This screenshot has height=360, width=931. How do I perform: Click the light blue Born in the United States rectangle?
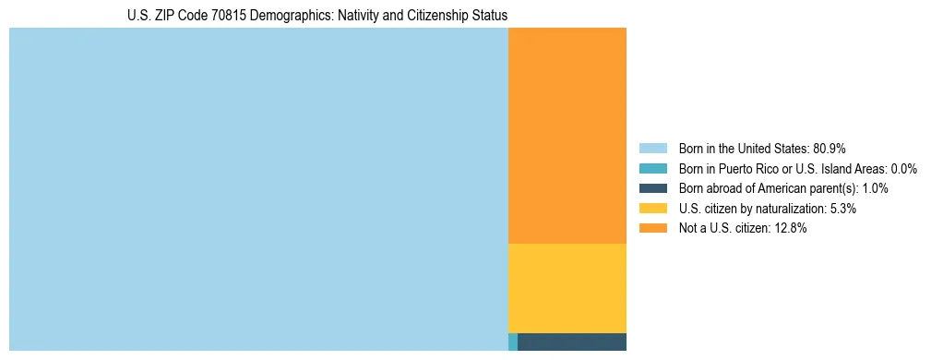tap(258, 189)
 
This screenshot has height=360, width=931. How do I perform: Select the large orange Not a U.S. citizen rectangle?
tap(567, 136)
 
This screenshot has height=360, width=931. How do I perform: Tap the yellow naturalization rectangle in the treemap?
tap(567, 288)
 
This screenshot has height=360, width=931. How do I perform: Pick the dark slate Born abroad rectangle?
tap(572, 342)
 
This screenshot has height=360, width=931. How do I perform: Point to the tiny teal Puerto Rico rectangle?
tap(513, 342)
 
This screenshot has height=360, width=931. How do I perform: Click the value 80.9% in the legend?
tap(830, 149)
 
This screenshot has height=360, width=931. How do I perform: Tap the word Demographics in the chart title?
tap(281, 16)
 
